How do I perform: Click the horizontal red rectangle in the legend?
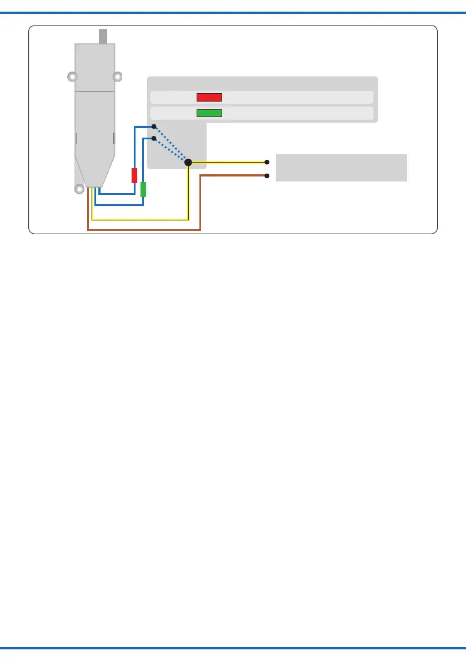click(x=209, y=97)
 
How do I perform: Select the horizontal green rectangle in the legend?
click(x=209, y=114)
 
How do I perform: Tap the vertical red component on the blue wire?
click(x=134, y=175)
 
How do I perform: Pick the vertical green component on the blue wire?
click(x=143, y=189)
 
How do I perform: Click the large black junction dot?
click(x=188, y=162)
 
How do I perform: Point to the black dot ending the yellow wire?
click(x=267, y=162)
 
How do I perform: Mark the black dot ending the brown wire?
click(x=267, y=176)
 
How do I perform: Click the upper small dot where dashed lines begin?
click(x=154, y=127)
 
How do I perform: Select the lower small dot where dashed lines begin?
click(x=154, y=138)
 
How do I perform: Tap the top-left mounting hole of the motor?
click(x=72, y=76)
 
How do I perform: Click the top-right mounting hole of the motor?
click(x=117, y=76)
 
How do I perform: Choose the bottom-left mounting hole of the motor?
click(x=79, y=189)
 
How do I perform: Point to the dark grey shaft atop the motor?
click(x=103, y=36)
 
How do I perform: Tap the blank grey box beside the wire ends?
click(x=342, y=168)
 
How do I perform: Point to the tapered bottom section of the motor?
click(x=95, y=169)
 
